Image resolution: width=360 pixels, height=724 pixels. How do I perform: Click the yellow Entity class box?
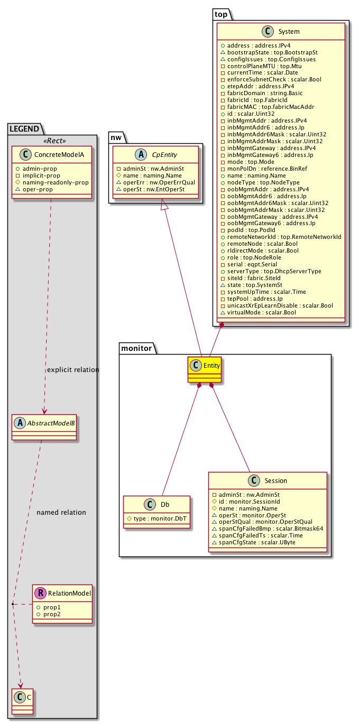[x=204, y=369]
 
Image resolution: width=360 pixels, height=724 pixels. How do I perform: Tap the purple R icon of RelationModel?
[x=39, y=593]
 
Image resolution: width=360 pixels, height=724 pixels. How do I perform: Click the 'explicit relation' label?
[x=73, y=370]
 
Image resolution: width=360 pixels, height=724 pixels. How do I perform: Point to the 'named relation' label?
[x=61, y=513]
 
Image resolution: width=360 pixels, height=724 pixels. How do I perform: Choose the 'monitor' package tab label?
[x=136, y=348]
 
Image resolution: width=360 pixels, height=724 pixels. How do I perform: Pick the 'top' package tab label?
[x=221, y=14]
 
